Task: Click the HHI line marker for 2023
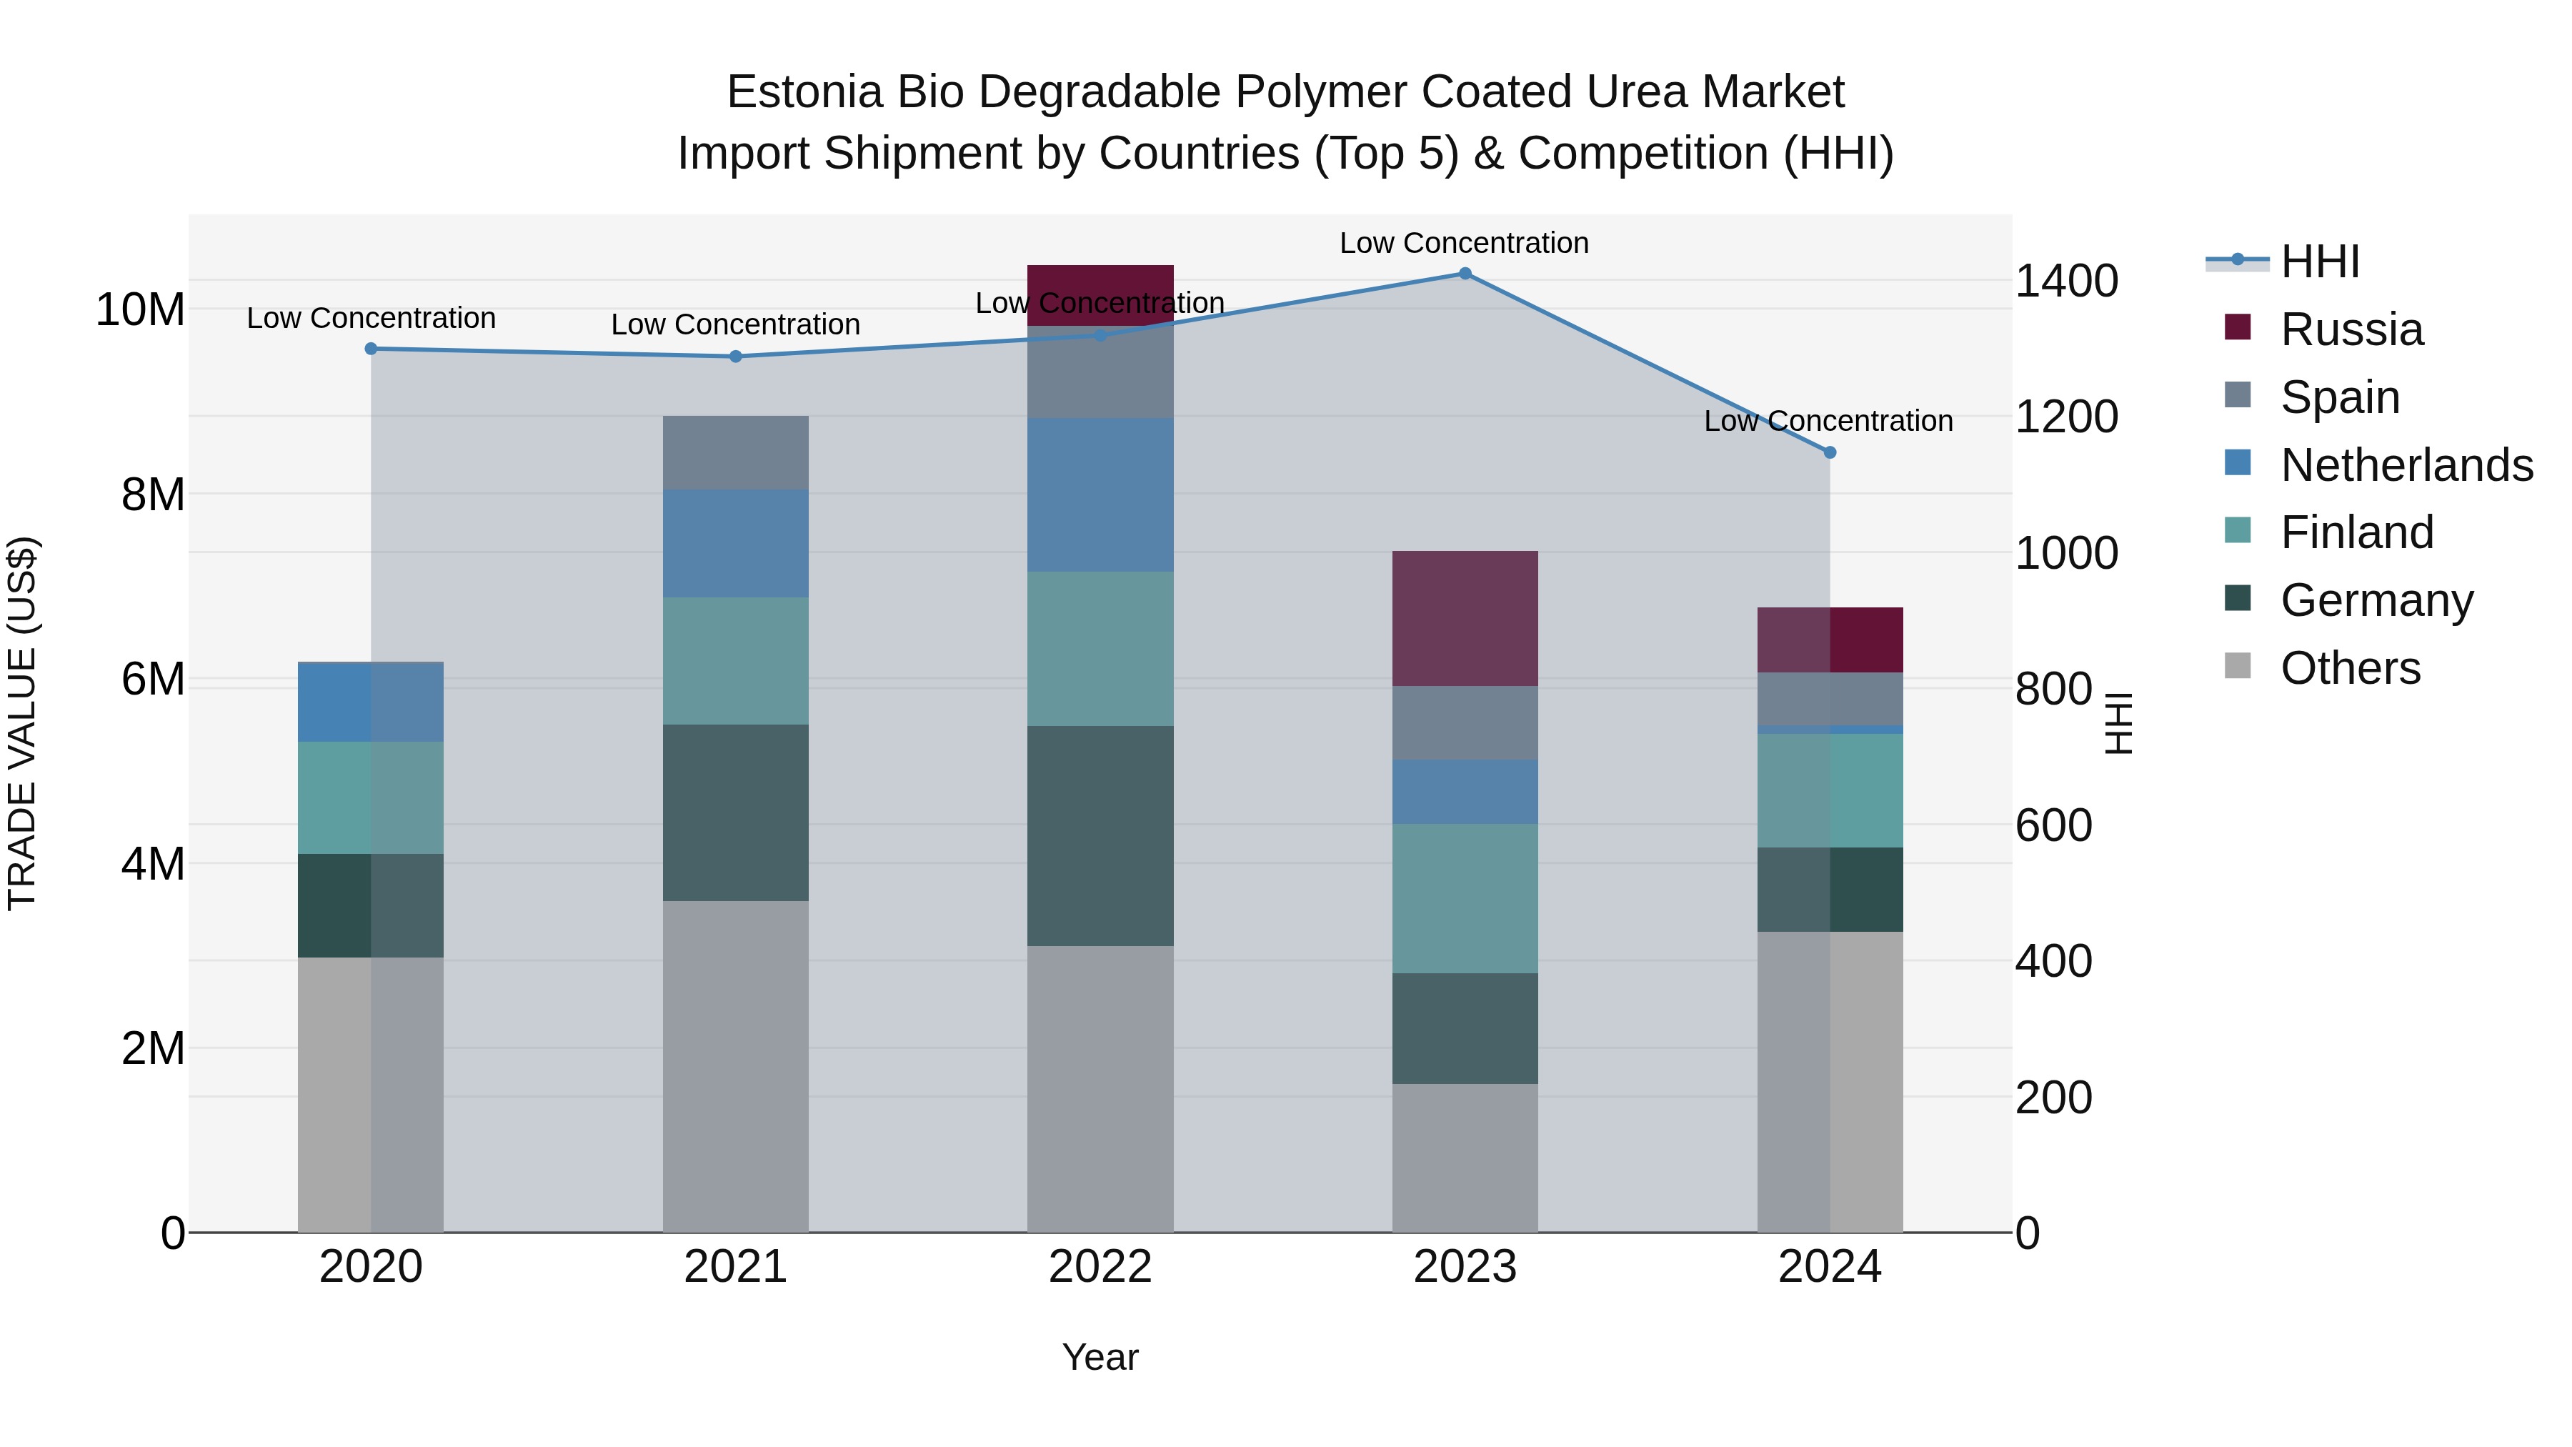(1465, 274)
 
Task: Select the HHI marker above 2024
(1829, 452)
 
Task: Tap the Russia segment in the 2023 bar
(1465, 618)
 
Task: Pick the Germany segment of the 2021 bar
(736, 813)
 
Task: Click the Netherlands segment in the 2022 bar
(1100, 494)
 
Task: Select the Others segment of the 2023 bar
(1465, 1158)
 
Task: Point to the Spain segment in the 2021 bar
(736, 452)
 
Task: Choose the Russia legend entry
(2351, 329)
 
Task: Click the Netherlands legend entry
(2406, 465)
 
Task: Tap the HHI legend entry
(2319, 262)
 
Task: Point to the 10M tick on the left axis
(140, 311)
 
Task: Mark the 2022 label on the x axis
(1100, 1267)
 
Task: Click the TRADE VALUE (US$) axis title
(22, 723)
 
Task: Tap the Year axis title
(1100, 1357)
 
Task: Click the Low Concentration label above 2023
(1464, 243)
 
